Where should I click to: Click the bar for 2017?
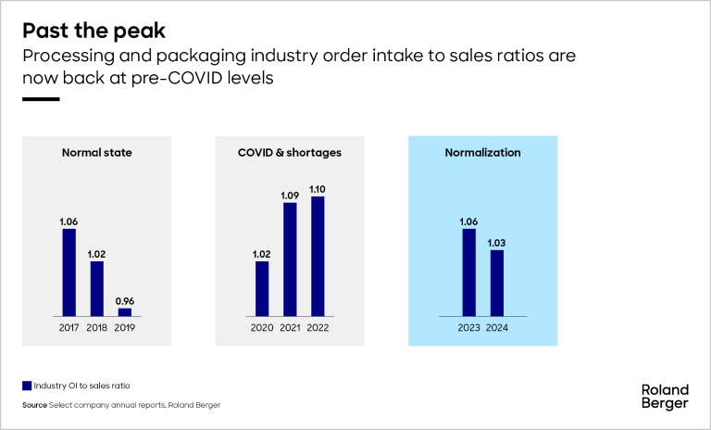(x=69, y=272)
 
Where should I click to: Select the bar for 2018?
(x=96, y=289)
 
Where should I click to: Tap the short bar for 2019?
(x=125, y=312)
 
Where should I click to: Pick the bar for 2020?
(x=262, y=289)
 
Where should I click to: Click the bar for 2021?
(x=290, y=259)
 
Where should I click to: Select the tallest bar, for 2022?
(x=318, y=257)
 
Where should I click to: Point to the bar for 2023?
(x=468, y=272)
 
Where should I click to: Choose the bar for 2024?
(x=497, y=284)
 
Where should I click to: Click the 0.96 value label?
(x=125, y=300)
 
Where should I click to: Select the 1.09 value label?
(x=290, y=195)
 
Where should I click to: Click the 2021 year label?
(x=290, y=326)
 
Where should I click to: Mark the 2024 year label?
(x=497, y=326)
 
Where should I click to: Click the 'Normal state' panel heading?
(x=96, y=152)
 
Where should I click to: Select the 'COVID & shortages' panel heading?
(x=290, y=152)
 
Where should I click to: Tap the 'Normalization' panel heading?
(x=482, y=152)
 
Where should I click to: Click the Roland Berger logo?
(x=665, y=397)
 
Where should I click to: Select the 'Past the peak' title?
(x=94, y=31)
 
